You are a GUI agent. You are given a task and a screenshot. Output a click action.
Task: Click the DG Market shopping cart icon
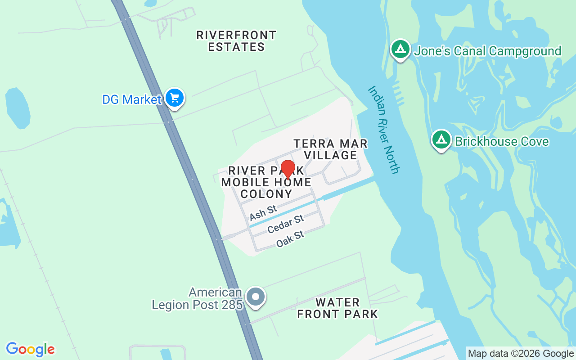coord(174,98)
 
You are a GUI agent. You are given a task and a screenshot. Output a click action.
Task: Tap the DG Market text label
coord(131,99)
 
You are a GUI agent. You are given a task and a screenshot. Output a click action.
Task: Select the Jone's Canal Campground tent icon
coord(400,49)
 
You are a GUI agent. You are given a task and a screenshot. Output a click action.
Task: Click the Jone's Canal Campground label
coord(487,51)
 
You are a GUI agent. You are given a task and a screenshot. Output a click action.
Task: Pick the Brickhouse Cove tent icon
coord(441,139)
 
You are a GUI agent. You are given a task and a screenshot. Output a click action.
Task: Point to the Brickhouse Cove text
coord(502,141)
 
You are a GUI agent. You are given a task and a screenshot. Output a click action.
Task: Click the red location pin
coord(288,169)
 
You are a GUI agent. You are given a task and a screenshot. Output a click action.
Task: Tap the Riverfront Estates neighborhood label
coord(236,41)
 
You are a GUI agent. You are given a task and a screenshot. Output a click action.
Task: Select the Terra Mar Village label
coord(331,149)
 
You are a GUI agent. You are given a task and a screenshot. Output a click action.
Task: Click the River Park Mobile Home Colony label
coord(266,182)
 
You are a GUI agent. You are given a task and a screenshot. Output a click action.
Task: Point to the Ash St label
coord(263,212)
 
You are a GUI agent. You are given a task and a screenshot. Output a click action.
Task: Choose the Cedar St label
coord(285,224)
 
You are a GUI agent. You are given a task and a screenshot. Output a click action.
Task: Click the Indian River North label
coord(383,130)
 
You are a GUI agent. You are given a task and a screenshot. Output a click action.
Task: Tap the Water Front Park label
coord(337,308)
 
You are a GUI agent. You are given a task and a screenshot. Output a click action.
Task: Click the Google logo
coord(31,349)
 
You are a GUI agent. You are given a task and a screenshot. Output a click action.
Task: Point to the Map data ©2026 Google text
coord(521,354)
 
